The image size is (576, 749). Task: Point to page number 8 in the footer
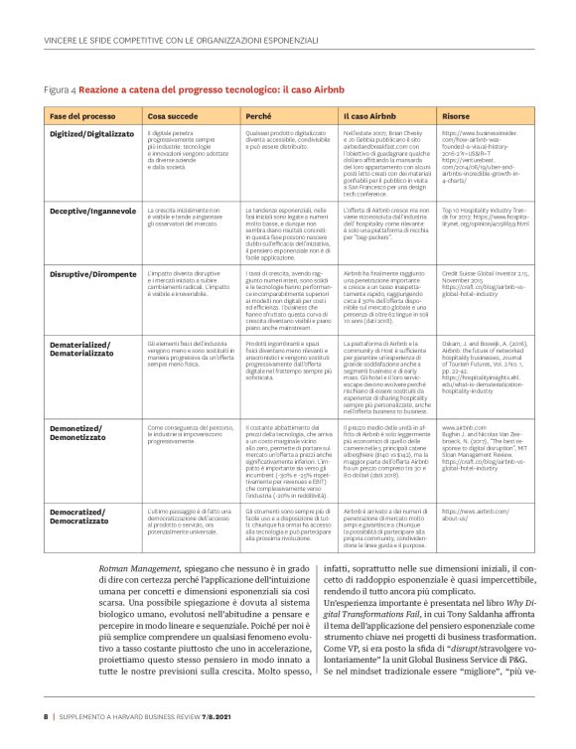coord(45,715)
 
